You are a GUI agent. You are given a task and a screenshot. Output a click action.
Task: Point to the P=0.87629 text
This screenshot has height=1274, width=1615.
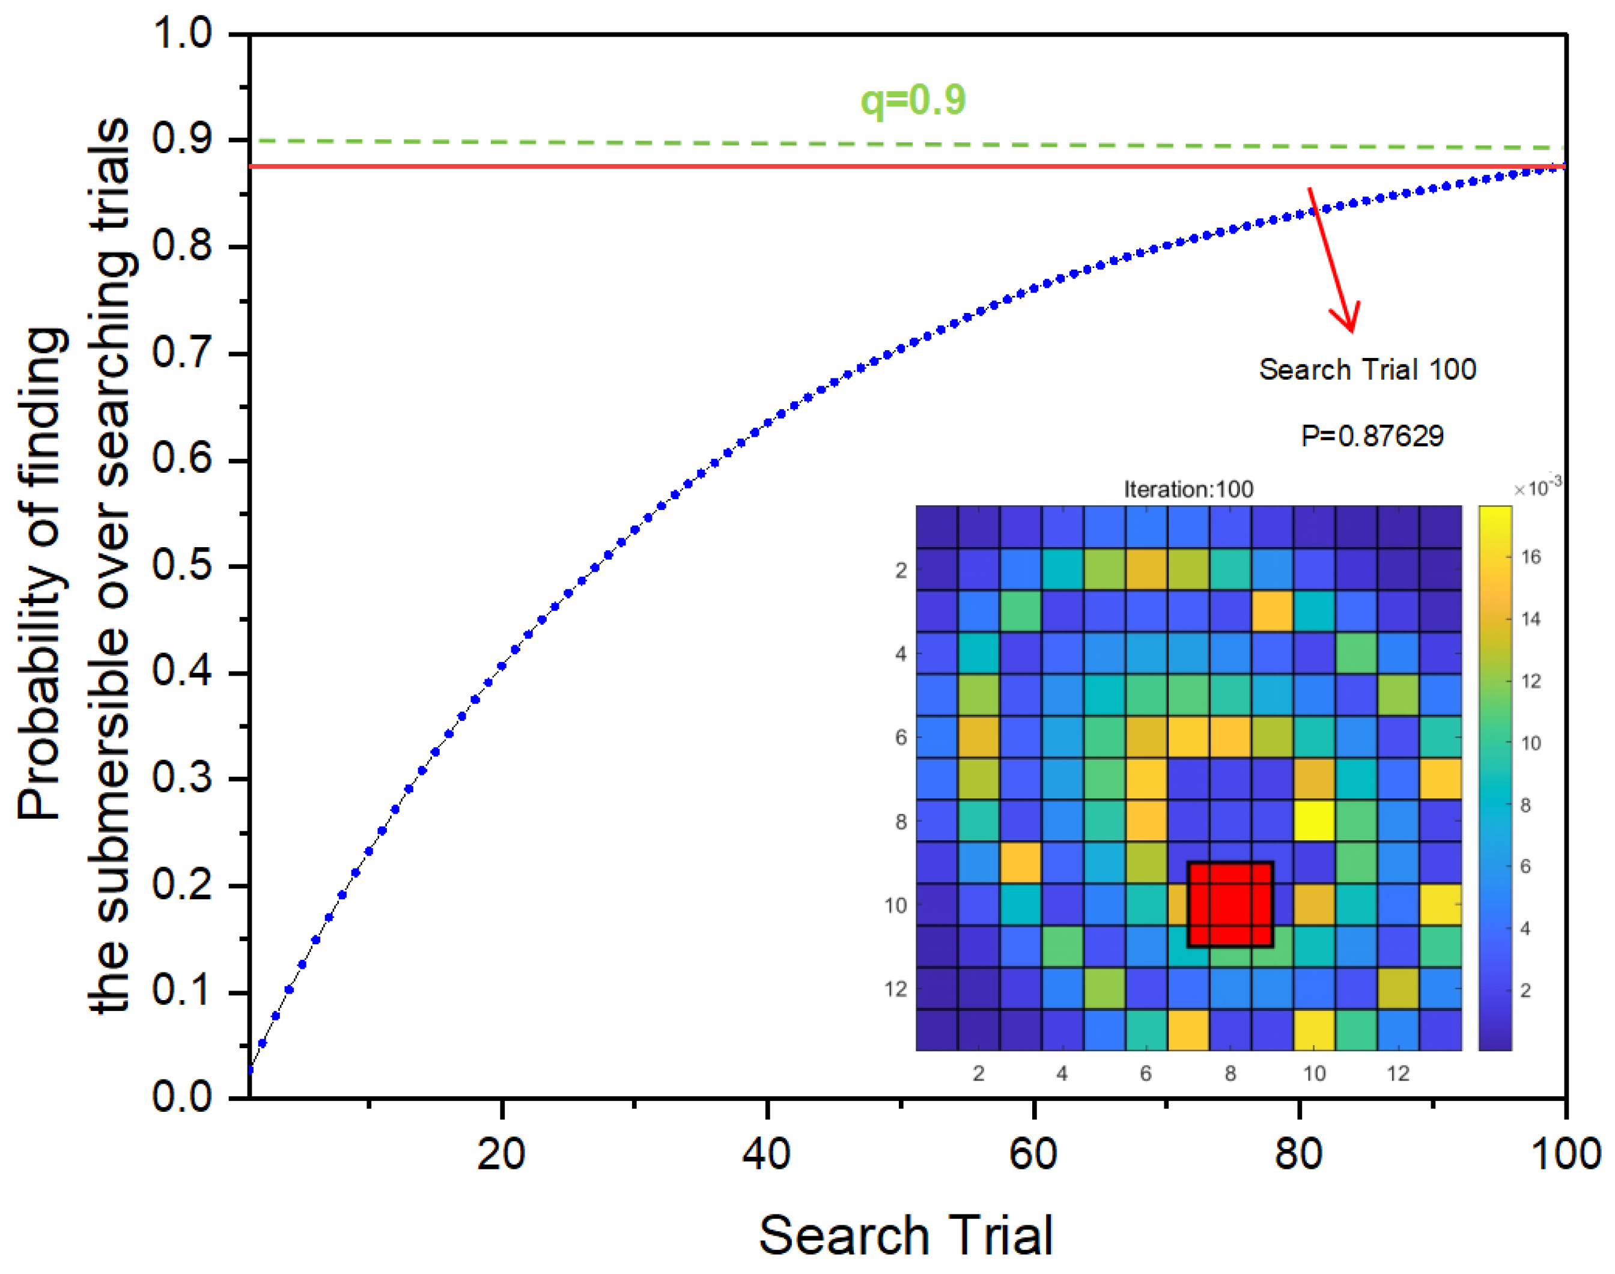click(1372, 435)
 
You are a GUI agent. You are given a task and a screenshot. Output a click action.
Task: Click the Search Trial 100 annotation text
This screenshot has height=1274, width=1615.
click(1367, 370)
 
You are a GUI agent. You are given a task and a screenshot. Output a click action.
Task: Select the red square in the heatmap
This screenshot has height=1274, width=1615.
click(1230, 904)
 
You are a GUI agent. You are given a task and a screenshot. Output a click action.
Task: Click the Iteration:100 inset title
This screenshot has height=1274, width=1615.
click(1188, 490)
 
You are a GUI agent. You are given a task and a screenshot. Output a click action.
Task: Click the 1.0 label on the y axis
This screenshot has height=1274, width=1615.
click(182, 34)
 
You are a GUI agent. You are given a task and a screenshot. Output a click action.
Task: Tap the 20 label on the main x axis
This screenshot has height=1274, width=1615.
click(501, 1154)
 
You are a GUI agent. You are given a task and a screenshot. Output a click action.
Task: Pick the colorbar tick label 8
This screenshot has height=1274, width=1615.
click(1525, 805)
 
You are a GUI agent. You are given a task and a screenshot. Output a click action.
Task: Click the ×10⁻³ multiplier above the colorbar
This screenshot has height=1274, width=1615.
click(1537, 488)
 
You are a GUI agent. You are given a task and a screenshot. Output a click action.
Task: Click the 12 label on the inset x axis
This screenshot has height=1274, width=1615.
click(1398, 1073)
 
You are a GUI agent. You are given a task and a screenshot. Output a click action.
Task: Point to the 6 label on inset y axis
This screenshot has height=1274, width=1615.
click(901, 738)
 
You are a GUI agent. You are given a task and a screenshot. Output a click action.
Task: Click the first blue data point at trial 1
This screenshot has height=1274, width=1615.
click(250, 1070)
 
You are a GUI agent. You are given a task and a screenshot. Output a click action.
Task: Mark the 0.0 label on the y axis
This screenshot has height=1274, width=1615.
click(182, 1097)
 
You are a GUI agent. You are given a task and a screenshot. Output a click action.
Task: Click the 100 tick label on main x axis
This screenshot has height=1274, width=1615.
click(1565, 1154)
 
